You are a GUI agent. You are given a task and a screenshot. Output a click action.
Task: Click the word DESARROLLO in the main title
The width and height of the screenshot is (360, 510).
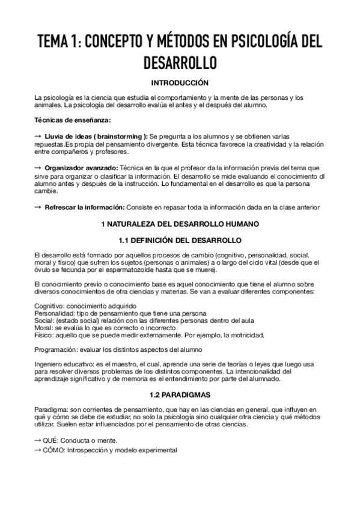pyautogui.click(x=180, y=63)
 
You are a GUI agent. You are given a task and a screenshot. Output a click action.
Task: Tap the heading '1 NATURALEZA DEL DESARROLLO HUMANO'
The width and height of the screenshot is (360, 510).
pyautogui.click(x=180, y=224)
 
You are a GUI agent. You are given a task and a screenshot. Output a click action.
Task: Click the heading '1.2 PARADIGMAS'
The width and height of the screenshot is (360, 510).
pyautogui.click(x=180, y=395)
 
